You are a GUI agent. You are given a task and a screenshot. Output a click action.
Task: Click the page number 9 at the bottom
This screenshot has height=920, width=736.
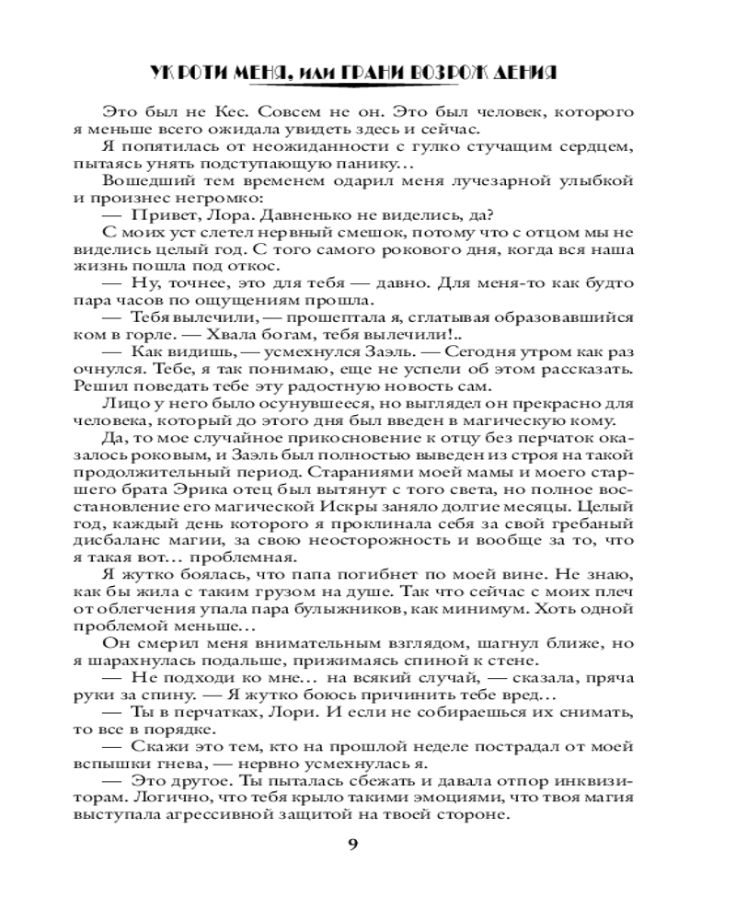[368, 846]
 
